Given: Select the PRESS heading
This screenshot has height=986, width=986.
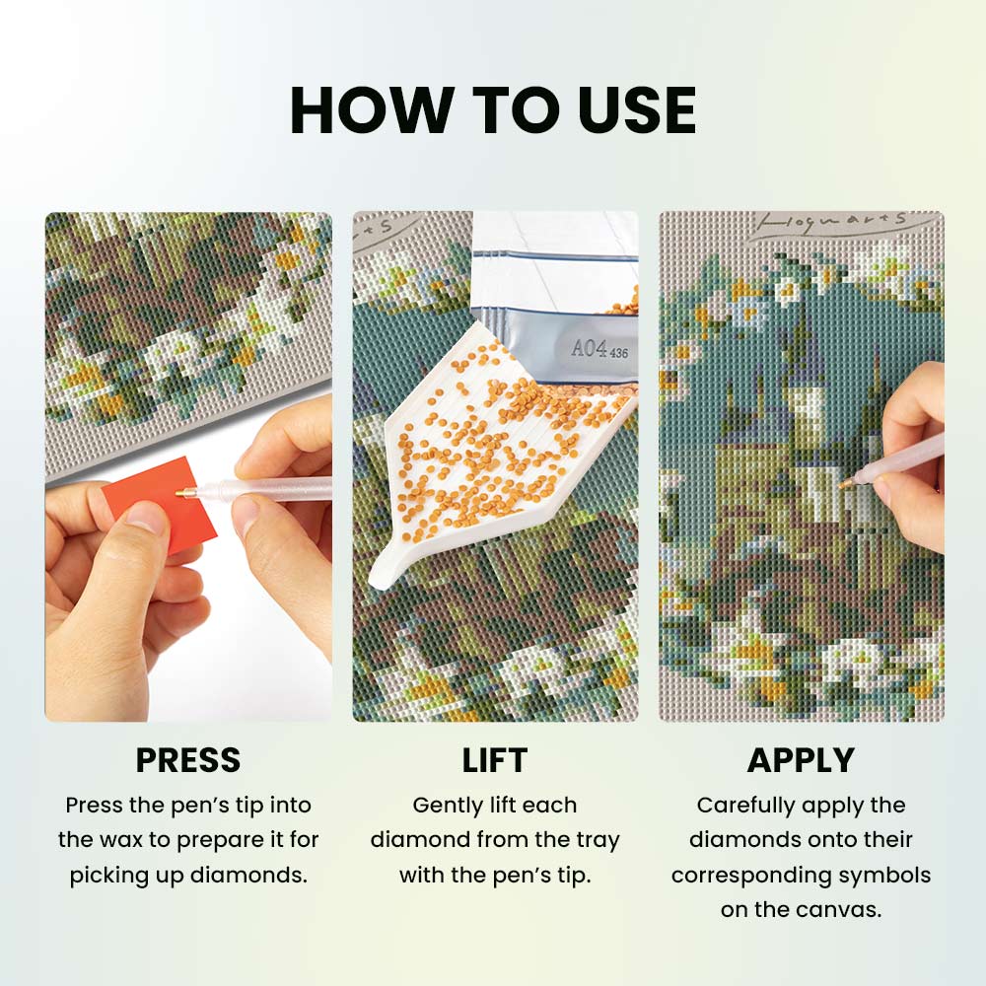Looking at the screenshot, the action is [188, 759].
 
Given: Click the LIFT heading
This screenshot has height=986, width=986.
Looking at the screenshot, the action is [494, 759].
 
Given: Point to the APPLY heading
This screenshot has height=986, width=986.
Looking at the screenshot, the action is [801, 759].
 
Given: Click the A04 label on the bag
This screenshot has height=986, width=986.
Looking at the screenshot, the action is [589, 348].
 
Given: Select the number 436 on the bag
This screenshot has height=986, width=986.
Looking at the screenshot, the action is [619, 353].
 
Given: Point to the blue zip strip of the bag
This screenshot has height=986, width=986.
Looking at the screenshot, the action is [554, 257].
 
